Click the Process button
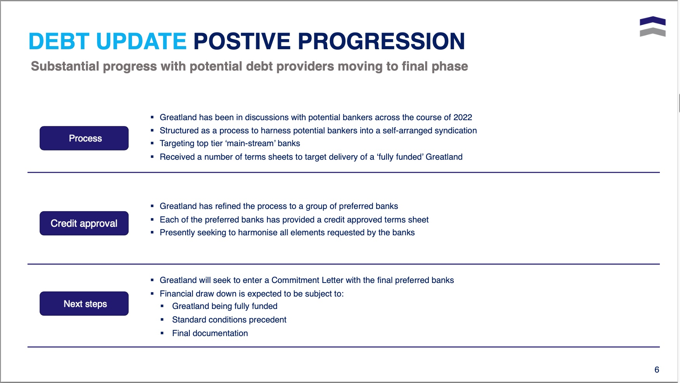84,138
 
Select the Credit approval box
84,223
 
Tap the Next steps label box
84,304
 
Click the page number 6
657,370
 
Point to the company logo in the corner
652,26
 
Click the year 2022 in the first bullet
463,117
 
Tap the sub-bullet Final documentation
210,333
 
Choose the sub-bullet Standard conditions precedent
229,320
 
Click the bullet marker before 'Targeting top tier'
152,143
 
